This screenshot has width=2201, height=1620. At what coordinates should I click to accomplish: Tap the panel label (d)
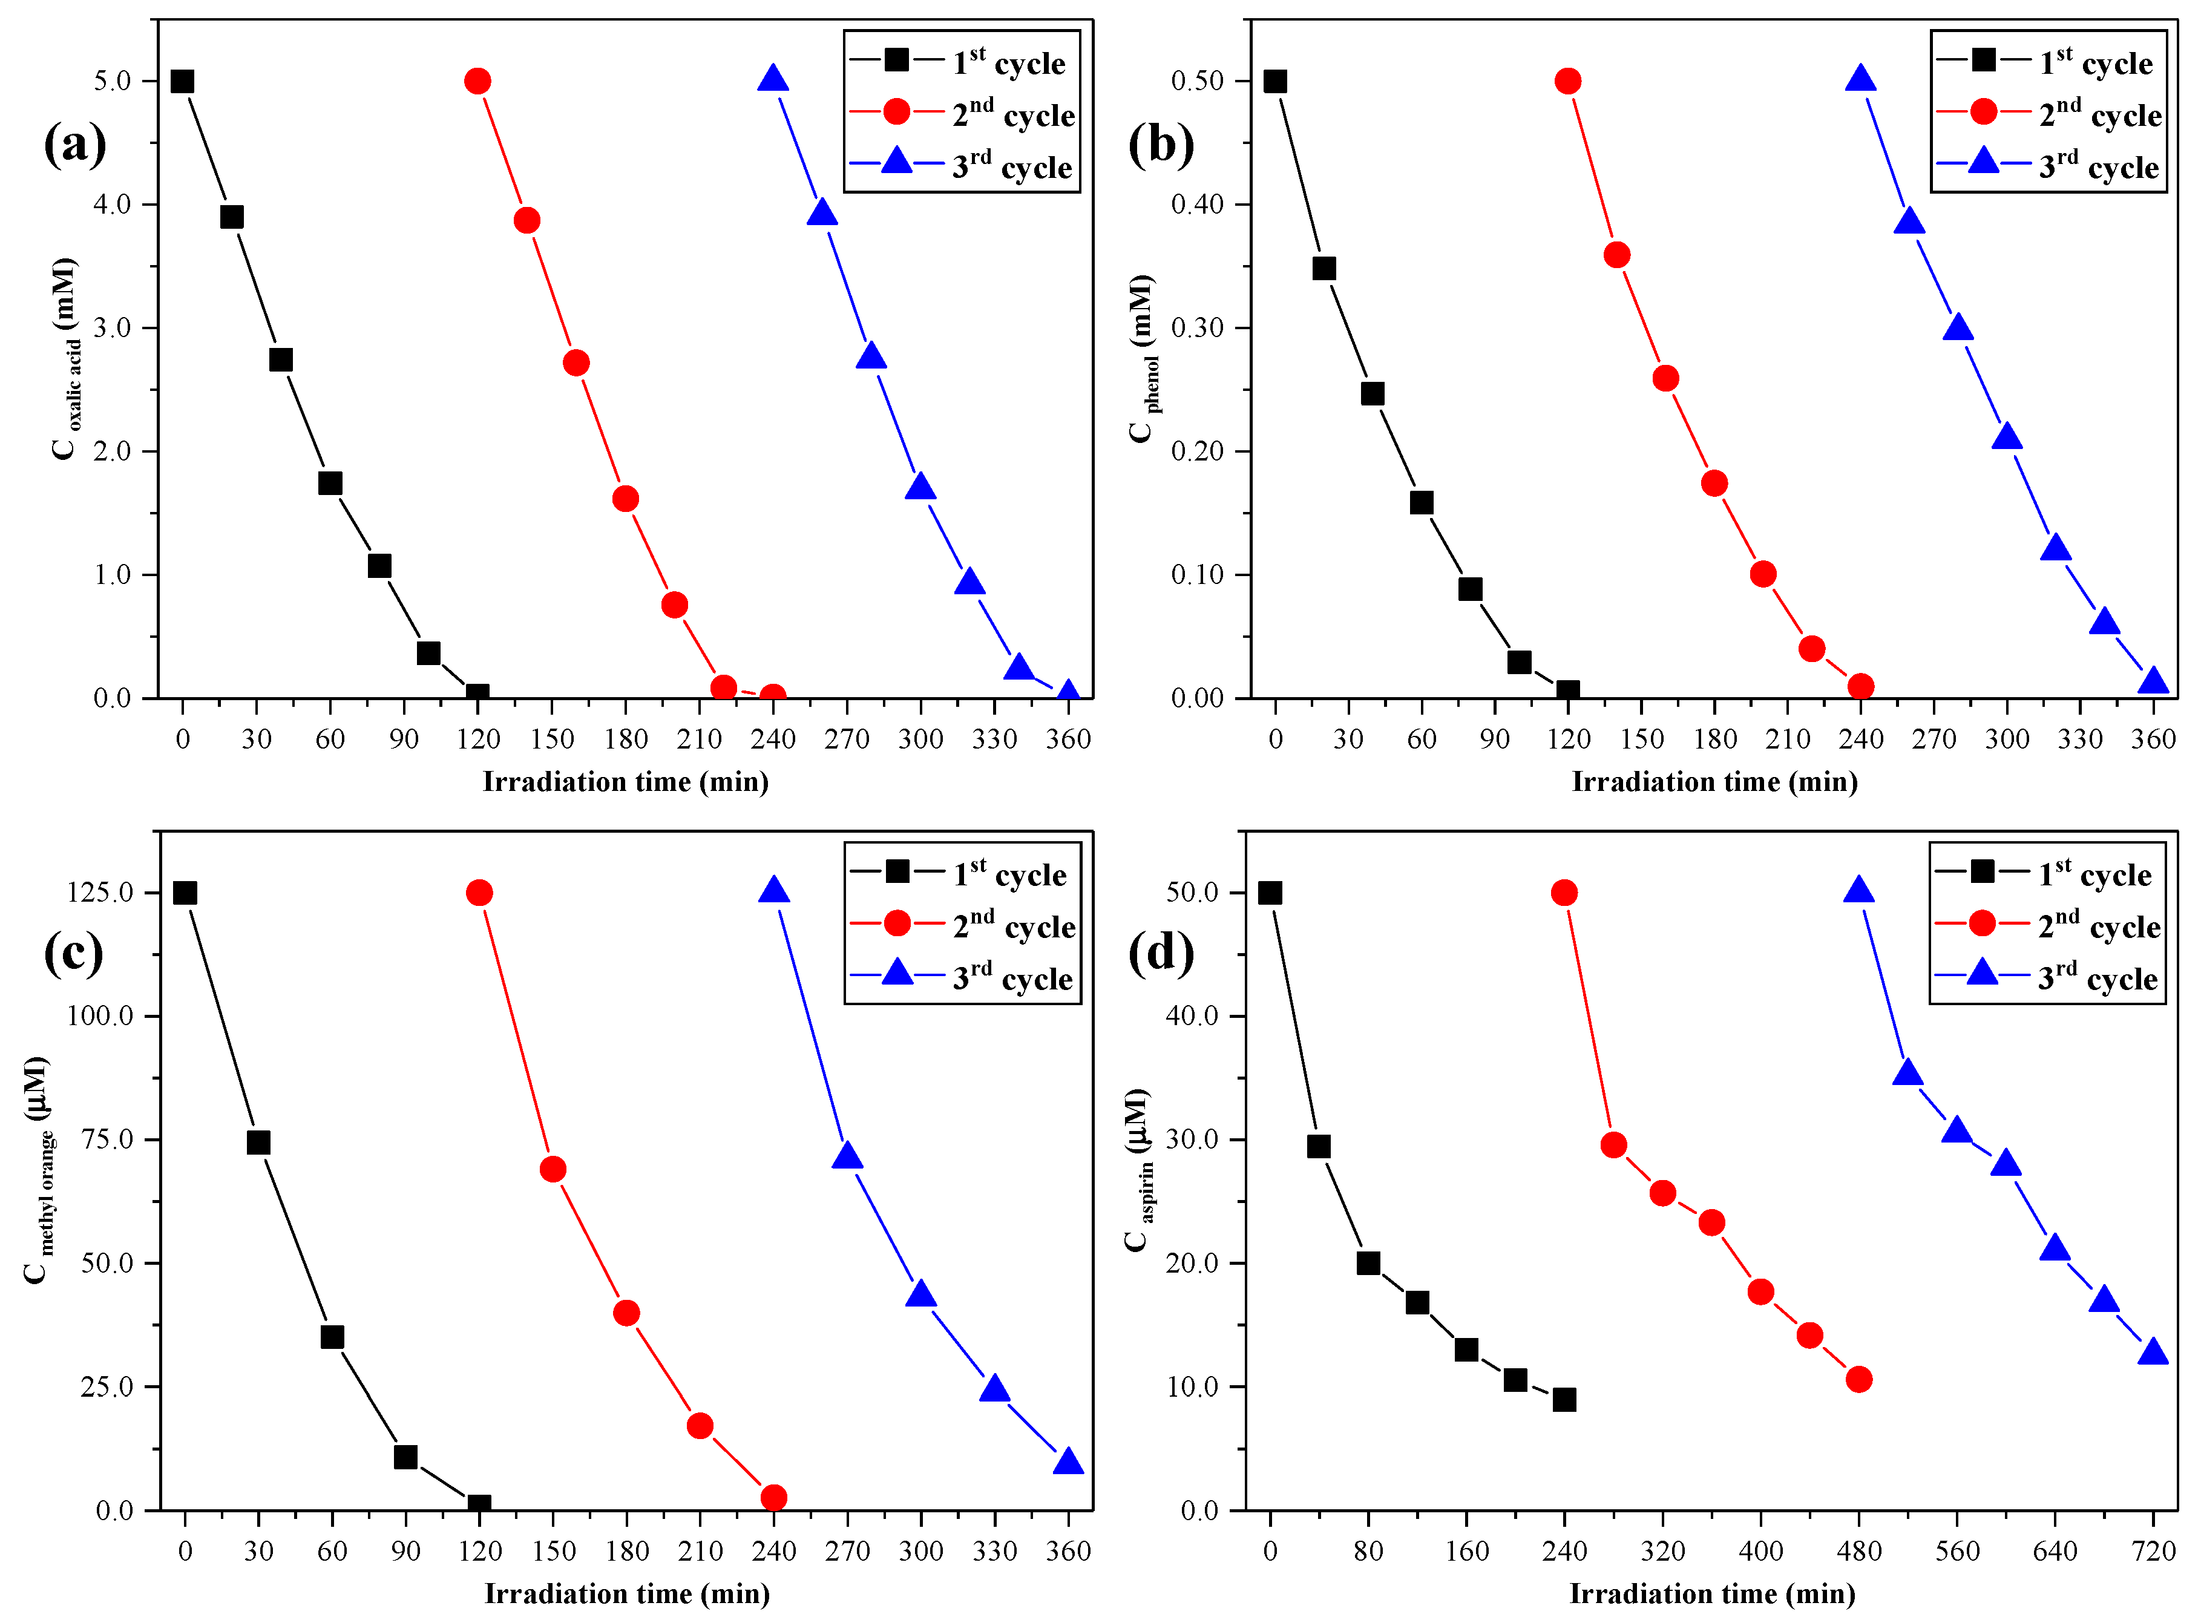point(1160,952)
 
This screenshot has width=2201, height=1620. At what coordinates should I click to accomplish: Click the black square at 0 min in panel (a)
point(182,81)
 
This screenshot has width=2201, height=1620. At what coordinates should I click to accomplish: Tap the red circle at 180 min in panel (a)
point(626,499)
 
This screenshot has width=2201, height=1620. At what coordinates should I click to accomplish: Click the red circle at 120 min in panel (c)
point(479,893)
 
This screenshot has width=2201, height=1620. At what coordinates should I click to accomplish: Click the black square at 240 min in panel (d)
point(1565,1399)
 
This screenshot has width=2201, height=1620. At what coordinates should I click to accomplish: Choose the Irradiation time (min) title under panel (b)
point(1714,782)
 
